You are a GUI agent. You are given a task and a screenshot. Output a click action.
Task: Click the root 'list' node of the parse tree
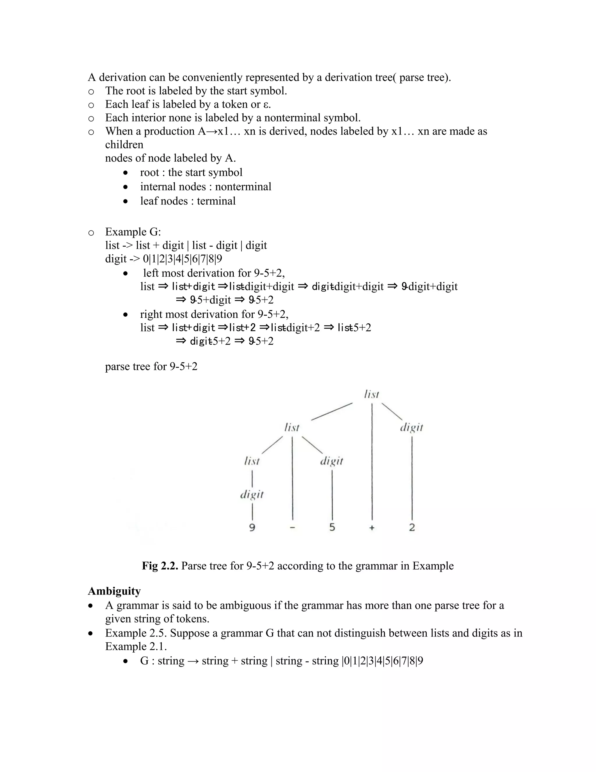click(371, 394)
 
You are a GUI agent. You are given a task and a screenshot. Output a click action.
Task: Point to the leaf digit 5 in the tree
click(332, 527)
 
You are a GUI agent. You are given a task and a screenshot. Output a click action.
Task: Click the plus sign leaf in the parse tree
click(372, 528)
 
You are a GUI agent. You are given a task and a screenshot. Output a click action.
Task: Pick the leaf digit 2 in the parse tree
click(412, 527)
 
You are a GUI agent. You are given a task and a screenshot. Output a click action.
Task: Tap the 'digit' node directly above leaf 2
click(411, 428)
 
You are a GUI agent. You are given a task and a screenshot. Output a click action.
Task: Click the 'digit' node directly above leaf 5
click(331, 461)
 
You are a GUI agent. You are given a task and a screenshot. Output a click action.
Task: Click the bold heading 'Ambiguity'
click(114, 591)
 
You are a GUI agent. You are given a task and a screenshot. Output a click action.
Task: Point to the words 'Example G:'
click(133, 232)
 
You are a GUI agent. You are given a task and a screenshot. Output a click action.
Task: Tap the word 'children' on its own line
click(124, 144)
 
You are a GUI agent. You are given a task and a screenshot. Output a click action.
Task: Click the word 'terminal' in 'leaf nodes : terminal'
click(216, 201)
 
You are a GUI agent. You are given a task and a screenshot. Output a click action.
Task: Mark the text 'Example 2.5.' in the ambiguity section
click(136, 633)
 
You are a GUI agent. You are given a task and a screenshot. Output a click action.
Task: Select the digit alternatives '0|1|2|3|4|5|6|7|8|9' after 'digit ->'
click(182, 259)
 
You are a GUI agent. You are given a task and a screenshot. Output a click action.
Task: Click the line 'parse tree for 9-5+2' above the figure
click(151, 366)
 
